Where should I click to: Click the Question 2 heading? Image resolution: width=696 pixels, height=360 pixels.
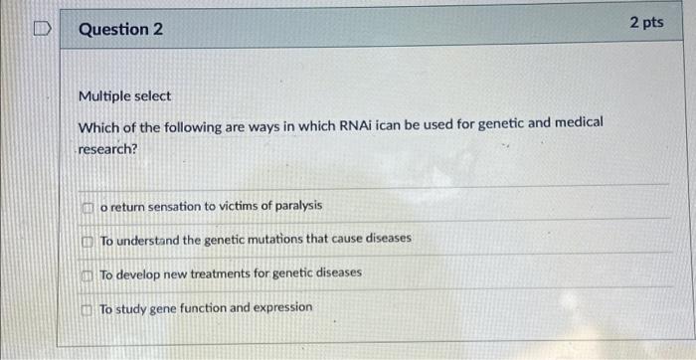[120, 29]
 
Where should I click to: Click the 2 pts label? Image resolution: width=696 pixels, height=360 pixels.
[646, 22]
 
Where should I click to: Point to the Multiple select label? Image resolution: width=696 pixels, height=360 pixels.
[124, 96]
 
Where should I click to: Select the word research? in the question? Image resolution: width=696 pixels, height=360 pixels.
[108, 148]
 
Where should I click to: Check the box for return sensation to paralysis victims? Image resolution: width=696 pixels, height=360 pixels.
[88, 207]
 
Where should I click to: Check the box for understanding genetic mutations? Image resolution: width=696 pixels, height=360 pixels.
[87, 241]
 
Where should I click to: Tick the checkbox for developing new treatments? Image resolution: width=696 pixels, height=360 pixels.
[87, 273]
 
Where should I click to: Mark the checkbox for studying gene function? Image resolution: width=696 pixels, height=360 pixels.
[87, 309]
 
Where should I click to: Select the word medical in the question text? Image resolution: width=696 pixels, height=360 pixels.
[579, 122]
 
